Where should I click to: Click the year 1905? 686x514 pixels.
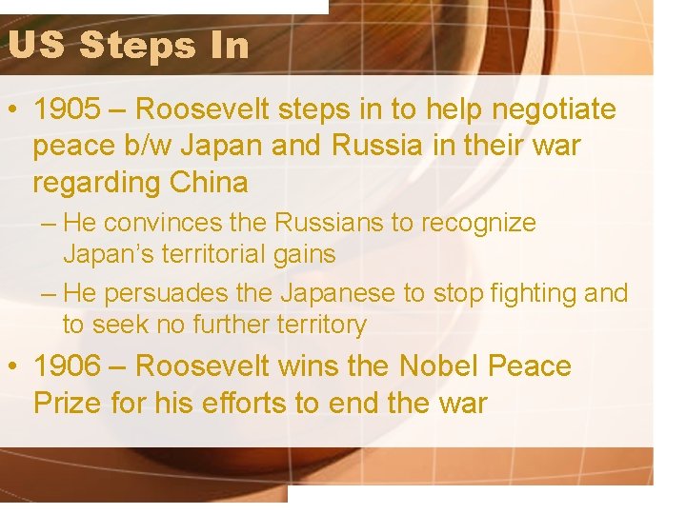65,110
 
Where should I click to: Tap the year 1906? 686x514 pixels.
65,366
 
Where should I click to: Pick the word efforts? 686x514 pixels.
235,403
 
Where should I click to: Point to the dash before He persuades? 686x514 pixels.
50,294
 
